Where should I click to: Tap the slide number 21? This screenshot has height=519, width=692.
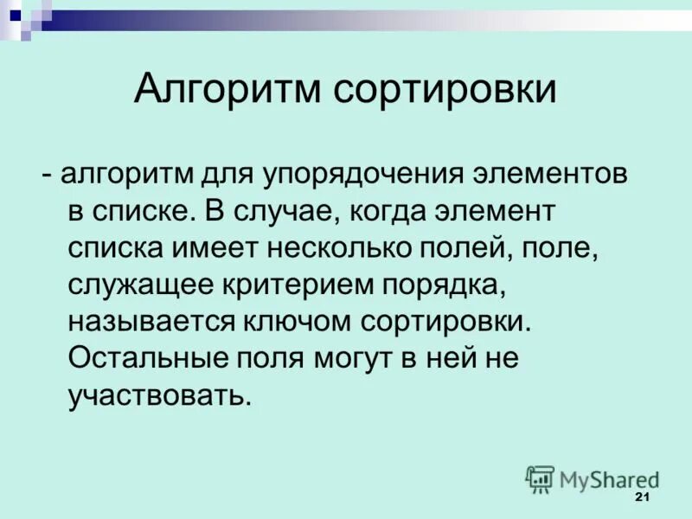(x=641, y=497)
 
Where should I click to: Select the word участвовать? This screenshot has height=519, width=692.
(x=159, y=396)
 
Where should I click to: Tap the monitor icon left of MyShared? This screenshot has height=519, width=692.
(x=540, y=478)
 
